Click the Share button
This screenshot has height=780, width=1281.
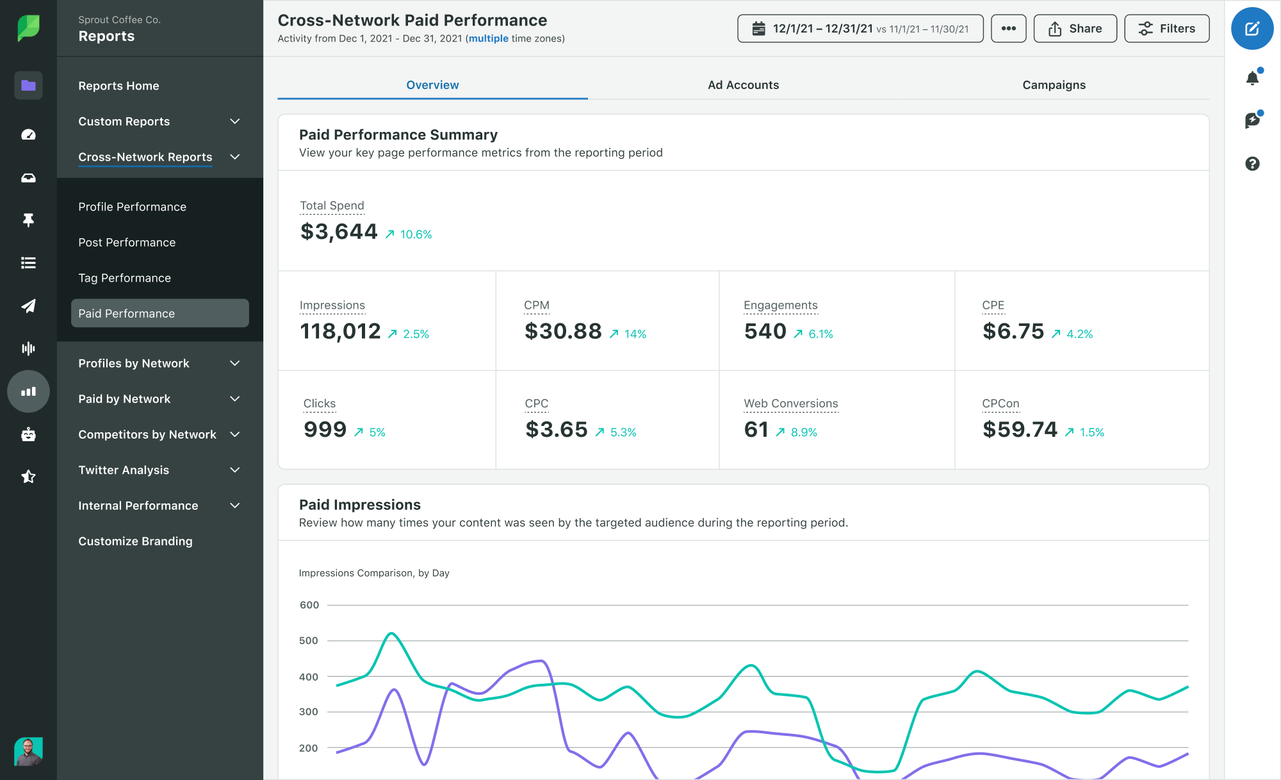click(x=1075, y=29)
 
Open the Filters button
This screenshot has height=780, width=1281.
click(x=1166, y=29)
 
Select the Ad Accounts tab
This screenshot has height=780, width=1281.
click(x=743, y=85)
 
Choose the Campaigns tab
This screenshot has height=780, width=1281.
click(x=1054, y=85)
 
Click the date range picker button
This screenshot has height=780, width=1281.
click(x=860, y=29)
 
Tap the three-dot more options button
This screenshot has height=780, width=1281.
click(x=1008, y=29)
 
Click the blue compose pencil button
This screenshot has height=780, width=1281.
click(x=1252, y=29)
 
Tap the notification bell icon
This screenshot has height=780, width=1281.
click(x=1252, y=78)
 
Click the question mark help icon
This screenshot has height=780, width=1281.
click(x=1252, y=164)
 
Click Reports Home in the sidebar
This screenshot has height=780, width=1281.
click(x=118, y=86)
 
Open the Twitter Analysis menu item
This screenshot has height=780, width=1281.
click(x=124, y=470)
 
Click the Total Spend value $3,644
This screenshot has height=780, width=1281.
click(x=339, y=232)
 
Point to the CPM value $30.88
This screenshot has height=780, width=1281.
click(x=563, y=331)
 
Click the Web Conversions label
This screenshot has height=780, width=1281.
click(x=790, y=403)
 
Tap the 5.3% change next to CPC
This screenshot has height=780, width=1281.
click(x=623, y=432)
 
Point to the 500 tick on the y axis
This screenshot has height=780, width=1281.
click(x=309, y=640)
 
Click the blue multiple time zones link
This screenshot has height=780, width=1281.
click(x=488, y=38)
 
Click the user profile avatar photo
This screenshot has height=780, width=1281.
click(x=28, y=751)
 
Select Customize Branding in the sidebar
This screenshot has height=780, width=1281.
click(x=135, y=541)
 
